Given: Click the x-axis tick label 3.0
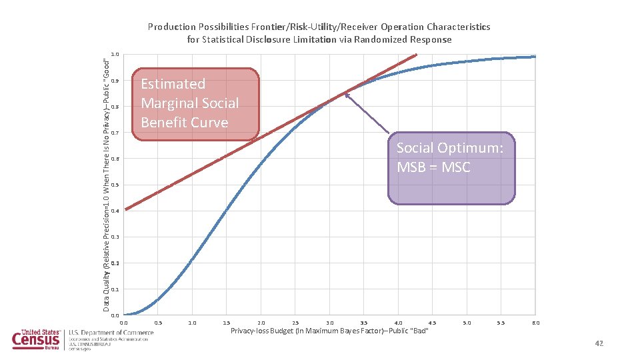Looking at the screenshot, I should point(329,323).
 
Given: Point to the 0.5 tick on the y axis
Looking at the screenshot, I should point(116,185).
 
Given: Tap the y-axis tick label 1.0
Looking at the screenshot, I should point(116,55).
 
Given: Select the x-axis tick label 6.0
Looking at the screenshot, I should point(535,323).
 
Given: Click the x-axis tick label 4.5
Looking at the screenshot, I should point(432,323).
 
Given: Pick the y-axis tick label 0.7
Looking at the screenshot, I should point(116,133).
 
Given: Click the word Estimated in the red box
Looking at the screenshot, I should point(173,84).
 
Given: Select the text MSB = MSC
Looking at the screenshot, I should point(433,167).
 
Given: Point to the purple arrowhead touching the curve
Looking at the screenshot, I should point(347,95).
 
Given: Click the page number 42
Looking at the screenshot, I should point(598,343).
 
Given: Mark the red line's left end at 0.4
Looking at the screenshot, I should point(126,209).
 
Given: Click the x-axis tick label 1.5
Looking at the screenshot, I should point(227,323).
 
